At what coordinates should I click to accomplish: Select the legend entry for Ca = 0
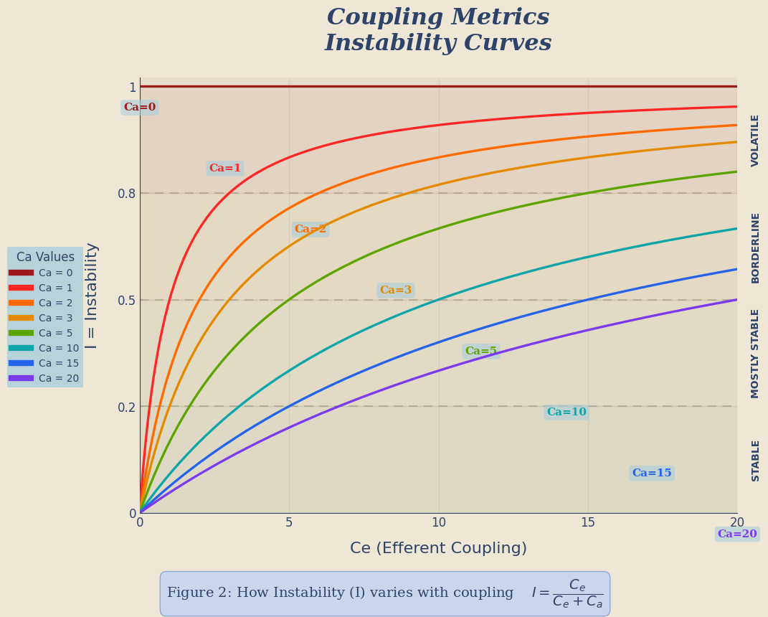pos(55,273)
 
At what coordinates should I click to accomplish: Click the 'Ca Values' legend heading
pos(45,257)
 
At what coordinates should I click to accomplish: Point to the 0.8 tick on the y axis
pos(127,193)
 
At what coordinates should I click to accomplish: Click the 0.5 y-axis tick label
pos(127,300)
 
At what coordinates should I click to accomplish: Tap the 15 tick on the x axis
pos(588,523)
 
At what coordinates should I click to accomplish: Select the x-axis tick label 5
pos(289,523)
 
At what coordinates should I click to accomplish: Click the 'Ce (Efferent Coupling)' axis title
pos(438,549)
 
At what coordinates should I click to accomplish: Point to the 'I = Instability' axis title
pos(92,296)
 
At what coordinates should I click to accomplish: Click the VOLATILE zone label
pos(755,141)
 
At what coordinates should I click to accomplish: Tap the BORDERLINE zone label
pos(755,248)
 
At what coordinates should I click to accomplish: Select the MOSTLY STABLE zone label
pos(755,353)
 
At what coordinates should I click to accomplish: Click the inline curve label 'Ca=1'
pos(225,169)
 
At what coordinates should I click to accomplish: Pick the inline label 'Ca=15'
pos(652,474)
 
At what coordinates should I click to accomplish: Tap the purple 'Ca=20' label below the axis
pos(737,534)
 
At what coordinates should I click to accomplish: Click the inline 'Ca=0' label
pos(140,108)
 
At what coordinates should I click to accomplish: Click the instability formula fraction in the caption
pos(577,594)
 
